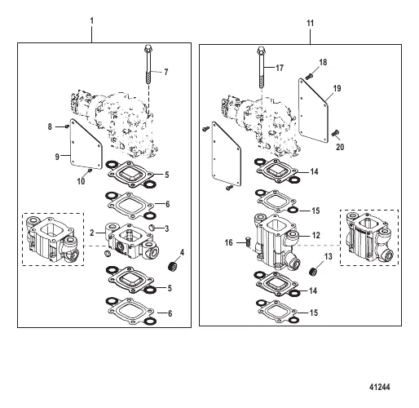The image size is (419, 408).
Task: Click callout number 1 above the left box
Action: tap(92, 21)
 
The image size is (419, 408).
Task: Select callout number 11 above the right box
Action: tap(311, 23)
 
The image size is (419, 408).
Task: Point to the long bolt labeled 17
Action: tap(261, 67)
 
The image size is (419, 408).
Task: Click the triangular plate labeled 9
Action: tap(85, 145)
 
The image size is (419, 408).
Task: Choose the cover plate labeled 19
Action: tap(313, 112)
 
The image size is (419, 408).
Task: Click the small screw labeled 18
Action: tap(309, 77)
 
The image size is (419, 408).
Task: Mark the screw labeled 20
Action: tap(335, 133)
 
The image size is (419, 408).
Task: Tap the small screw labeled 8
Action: tap(66, 126)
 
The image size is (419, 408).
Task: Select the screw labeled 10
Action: tap(90, 171)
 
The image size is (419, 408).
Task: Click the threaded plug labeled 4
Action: tap(172, 266)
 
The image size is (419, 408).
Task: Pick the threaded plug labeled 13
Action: tap(314, 272)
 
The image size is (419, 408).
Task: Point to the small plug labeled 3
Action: tap(152, 227)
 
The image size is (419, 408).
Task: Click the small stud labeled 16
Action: tap(248, 242)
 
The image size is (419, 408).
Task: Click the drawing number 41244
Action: tap(379, 387)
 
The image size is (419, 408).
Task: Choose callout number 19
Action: tap(337, 88)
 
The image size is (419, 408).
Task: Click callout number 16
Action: tap(229, 242)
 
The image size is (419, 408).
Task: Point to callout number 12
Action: tap(316, 235)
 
